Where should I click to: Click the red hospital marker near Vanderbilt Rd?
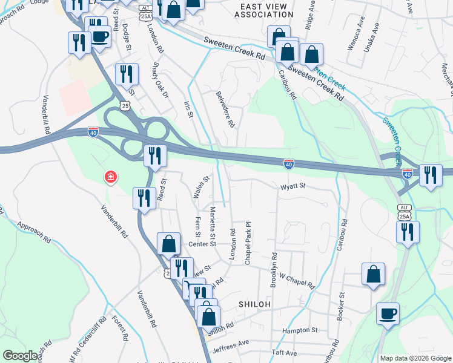pyautogui.click(x=110, y=177)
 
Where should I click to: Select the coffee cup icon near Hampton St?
pyautogui.click(x=388, y=314)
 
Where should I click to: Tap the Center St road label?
pyautogui.click(x=202, y=244)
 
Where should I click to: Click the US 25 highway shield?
pyautogui.click(x=125, y=106)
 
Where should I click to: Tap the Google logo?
pyautogui.click(x=21, y=356)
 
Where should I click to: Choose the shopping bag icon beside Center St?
pyautogui.click(x=168, y=244)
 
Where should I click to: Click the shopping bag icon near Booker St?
pyautogui.click(x=374, y=273)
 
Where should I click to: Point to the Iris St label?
pyautogui.click(x=188, y=109)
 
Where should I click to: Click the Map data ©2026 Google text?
pyautogui.click(x=415, y=358)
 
